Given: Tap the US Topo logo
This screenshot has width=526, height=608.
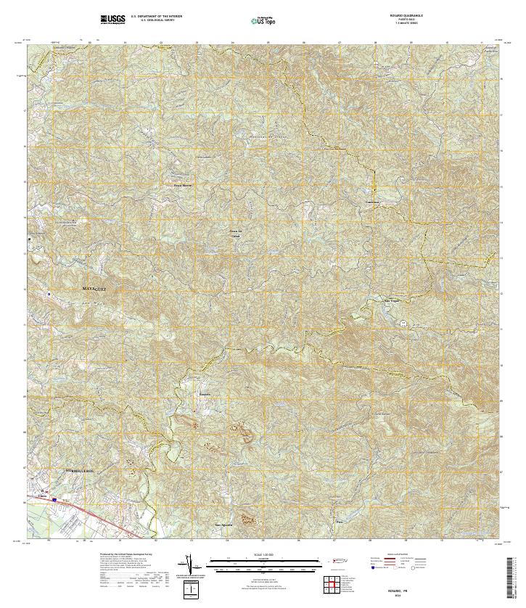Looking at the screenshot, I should point(263,20).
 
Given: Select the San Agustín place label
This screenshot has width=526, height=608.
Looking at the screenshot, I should point(222,524).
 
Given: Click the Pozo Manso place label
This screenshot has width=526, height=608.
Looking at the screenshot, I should point(183,185).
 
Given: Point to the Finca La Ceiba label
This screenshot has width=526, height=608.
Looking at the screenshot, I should point(234,233).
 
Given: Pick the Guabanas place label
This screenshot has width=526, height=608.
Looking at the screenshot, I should point(371,202).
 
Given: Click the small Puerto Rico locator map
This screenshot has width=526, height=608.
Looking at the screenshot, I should point(337,561).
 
